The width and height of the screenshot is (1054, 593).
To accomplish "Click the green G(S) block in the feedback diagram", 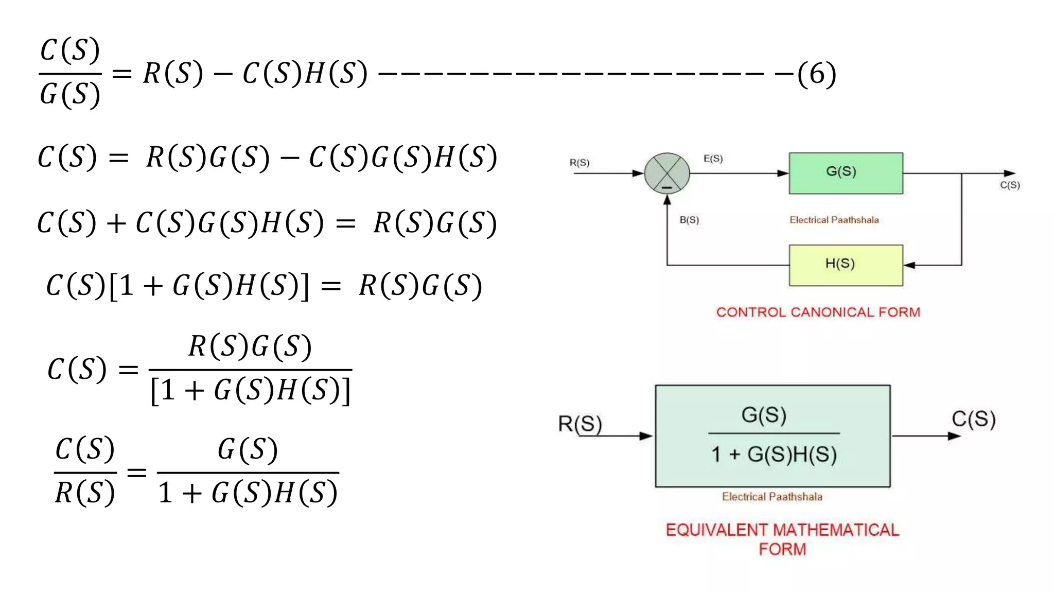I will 846,173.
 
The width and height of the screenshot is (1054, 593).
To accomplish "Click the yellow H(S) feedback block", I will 846,265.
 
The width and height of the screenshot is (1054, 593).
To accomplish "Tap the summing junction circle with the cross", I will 667,173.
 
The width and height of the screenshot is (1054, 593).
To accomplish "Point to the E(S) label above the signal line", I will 713,159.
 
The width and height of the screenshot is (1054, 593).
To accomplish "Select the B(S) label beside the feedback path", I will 689,220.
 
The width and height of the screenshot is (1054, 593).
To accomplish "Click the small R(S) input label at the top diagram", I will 579,163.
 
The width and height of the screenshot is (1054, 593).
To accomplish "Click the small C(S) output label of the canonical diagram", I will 1010,185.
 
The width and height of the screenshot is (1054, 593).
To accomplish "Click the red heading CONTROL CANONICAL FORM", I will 818,312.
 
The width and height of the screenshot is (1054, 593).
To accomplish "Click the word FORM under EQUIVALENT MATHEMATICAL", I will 782,549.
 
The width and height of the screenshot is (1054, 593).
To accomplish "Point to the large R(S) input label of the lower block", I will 580,424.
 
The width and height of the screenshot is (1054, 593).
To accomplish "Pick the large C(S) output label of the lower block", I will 973,418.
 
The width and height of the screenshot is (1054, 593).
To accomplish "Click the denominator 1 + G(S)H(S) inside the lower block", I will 774,454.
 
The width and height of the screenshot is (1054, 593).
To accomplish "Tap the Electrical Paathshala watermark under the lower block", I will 772,497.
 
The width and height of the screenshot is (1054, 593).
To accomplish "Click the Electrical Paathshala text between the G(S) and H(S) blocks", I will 834,220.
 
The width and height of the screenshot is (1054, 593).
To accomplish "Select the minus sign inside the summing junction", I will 667,188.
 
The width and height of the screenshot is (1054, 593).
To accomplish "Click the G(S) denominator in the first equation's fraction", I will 70,94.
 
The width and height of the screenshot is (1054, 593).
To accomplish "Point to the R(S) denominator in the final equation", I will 85,492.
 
